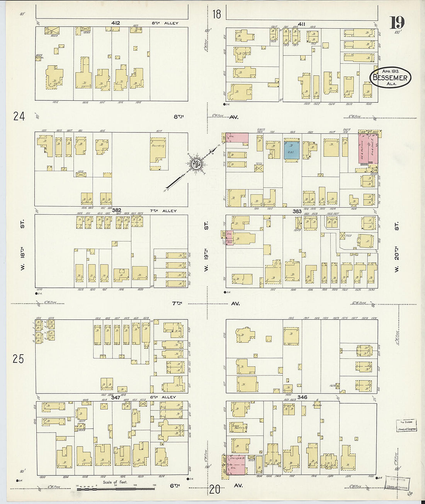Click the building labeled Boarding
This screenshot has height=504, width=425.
(x=158, y=149)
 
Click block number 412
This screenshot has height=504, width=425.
(x=115, y=23)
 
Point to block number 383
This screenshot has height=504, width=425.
(x=297, y=211)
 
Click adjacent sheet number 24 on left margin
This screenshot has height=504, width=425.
(x=19, y=116)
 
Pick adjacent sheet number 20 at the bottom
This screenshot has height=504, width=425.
(x=215, y=490)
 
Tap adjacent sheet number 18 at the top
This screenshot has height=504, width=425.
(x=217, y=14)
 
